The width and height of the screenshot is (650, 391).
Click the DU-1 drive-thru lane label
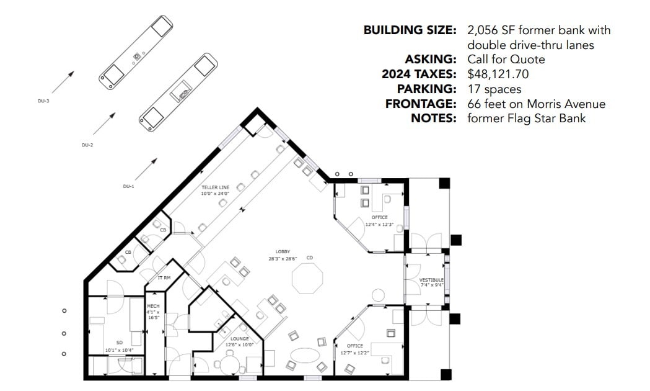coord(128,186)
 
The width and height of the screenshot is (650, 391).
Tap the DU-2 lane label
coord(87,145)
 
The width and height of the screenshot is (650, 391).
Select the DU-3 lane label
coord(43,100)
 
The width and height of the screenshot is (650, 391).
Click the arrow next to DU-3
coord(63,81)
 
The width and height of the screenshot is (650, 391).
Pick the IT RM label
coord(164,278)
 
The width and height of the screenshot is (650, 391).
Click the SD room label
coord(120,342)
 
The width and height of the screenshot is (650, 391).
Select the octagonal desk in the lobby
coord(307,277)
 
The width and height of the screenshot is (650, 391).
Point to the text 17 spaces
coord(494,89)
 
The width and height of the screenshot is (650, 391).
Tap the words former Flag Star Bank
coord(527,119)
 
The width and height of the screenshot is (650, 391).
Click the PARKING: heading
coord(427,89)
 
